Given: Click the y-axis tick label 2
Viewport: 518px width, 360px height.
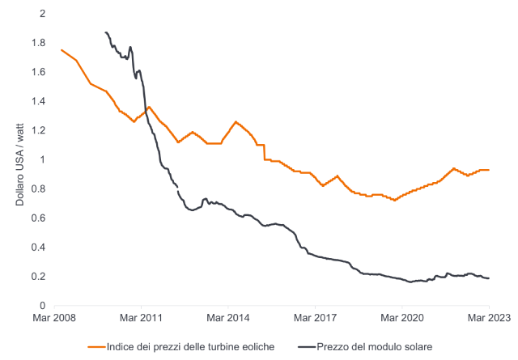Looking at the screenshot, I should tap(42, 14).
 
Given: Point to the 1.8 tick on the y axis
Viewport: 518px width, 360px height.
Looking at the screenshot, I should tap(39, 43).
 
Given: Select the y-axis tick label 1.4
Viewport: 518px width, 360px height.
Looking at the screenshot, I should tap(39, 101).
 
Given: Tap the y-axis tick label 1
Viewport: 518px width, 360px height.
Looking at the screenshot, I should tap(42, 159).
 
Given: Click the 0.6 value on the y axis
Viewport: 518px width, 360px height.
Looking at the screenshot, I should tap(39, 218).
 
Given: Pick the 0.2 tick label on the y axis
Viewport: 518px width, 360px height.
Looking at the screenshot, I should tap(39, 276).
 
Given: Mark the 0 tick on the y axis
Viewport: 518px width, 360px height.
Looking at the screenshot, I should tap(42, 305).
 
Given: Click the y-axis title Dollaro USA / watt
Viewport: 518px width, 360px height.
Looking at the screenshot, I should tap(19, 159).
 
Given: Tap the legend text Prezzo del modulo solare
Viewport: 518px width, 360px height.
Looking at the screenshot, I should tap(375, 346).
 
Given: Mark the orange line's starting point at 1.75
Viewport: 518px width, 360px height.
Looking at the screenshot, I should tap(62, 50).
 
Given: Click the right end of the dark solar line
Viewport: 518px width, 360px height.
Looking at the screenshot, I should tap(489, 278).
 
